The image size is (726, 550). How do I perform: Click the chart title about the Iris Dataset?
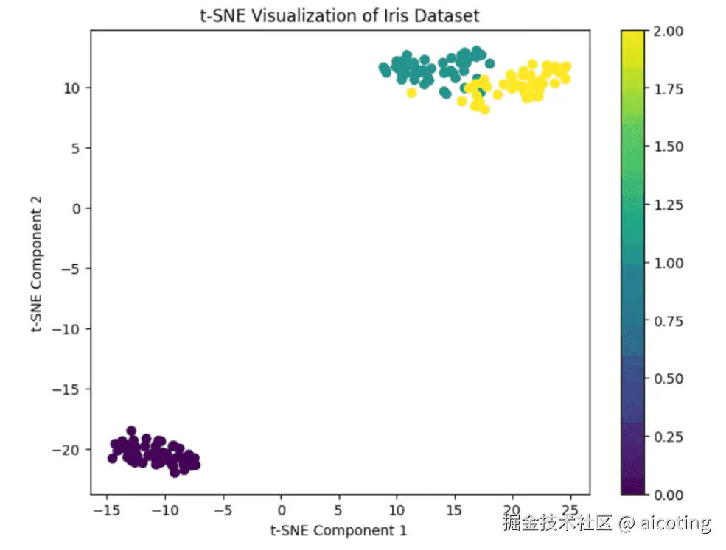click(340, 15)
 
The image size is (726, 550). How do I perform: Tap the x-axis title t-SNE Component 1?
click(339, 530)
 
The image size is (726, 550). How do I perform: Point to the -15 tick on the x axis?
click(107, 510)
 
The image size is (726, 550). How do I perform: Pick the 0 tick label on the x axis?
click(281, 510)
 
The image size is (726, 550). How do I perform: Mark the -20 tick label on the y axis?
click(69, 449)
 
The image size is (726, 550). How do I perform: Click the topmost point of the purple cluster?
click(131, 431)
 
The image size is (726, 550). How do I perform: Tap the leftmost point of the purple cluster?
click(113, 458)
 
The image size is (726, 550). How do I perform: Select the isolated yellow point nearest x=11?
click(411, 93)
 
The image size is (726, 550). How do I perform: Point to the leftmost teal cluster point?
click(383, 68)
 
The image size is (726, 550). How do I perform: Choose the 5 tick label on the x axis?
click(339, 510)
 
